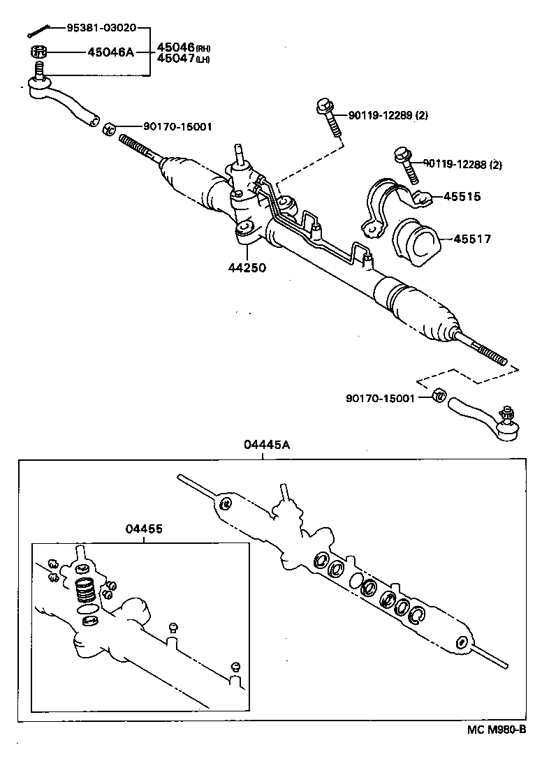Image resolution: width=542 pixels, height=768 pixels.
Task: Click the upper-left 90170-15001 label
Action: coord(177,126)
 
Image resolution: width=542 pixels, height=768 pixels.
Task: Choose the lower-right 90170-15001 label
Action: coord(380,397)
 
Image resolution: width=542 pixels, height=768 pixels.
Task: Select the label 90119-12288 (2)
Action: coord(462,165)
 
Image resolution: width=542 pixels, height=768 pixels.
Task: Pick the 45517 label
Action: coord(471,239)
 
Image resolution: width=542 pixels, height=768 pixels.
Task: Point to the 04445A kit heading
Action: coord(263,444)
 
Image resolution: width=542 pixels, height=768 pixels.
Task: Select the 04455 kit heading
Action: coord(144,529)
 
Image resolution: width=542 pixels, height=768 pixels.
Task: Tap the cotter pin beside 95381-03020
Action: coord(39,30)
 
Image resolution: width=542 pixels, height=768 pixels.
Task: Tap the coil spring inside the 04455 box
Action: coord(85,590)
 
